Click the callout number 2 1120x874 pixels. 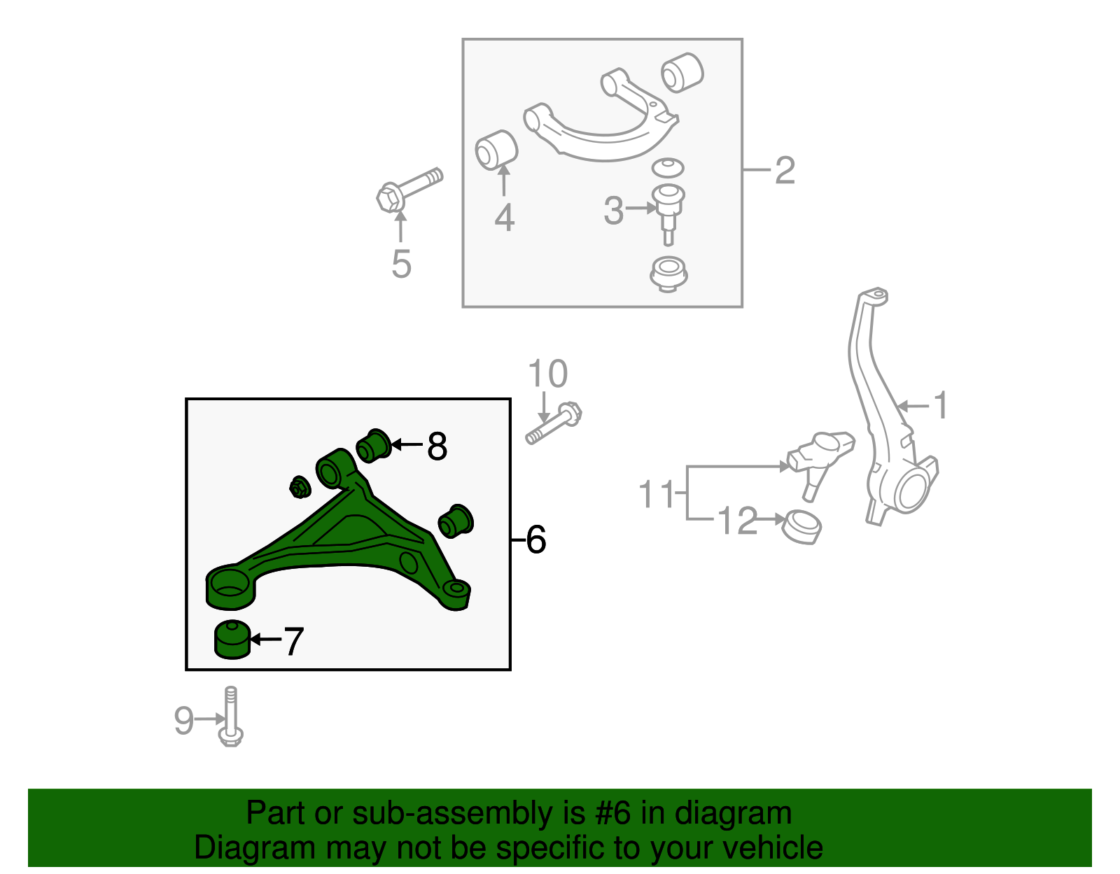[x=785, y=171]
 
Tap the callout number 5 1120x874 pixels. [x=401, y=265]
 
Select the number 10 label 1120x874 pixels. [x=547, y=374]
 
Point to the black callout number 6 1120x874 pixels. [x=535, y=540]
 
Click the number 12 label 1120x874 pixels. [x=737, y=521]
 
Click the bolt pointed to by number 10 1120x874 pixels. [x=554, y=423]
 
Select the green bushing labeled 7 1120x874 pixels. [x=232, y=640]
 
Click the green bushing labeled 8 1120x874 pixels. [x=374, y=446]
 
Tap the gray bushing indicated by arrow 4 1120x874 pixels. [x=496, y=150]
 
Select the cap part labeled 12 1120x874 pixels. [x=801, y=528]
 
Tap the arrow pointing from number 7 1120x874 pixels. [x=265, y=640]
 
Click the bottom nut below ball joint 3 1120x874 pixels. [x=668, y=274]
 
